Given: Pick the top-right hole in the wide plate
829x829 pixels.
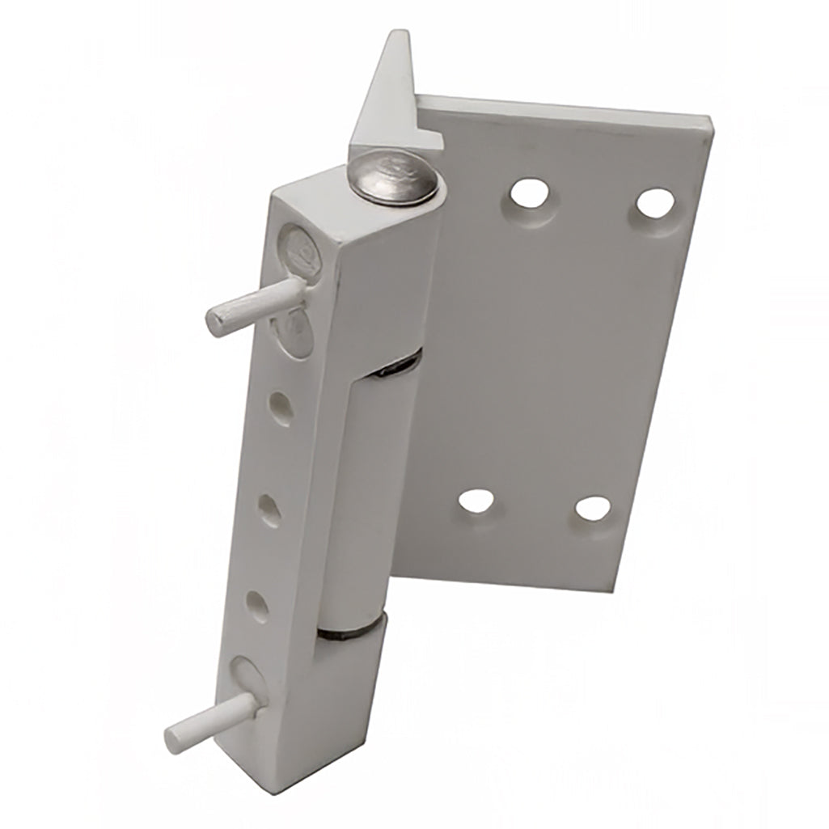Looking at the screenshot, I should pos(654,202).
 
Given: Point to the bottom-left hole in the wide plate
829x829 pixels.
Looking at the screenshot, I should pos(477,501).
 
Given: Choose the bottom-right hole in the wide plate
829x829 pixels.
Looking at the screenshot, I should pos(593,509).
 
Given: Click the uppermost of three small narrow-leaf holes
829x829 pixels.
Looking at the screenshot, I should pos(280,405).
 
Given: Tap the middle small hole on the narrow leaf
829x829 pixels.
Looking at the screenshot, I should pos(269,509).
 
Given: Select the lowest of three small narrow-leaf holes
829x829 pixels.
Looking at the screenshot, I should pos(258,605).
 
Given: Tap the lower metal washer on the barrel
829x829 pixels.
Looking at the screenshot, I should pos(349,630).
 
